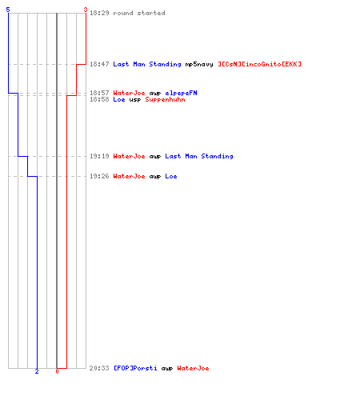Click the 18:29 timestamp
(x=99, y=13)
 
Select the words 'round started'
(x=139, y=13)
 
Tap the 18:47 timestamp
(x=99, y=64)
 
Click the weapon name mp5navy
(x=199, y=65)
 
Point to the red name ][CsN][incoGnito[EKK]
(x=259, y=64)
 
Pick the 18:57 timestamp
(x=99, y=93)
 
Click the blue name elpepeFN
(x=181, y=94)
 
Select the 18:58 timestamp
(x=99, y=99)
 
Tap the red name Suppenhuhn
(x=165, y=100)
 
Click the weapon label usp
(x=135, y=100)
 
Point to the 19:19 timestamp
(x=99, y=156)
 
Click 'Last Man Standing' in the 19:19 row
(x=199, y=157)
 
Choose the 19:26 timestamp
(x=99, y=176)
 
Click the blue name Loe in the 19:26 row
(x=171, y=176)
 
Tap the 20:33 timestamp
(x=99, y=368)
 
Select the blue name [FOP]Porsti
(x=135, y=368)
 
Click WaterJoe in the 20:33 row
(x=193, y=368)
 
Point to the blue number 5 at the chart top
(x=8, y=10)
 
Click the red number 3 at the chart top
(x=86, y=10)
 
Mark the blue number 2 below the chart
(x=37, y=371)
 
